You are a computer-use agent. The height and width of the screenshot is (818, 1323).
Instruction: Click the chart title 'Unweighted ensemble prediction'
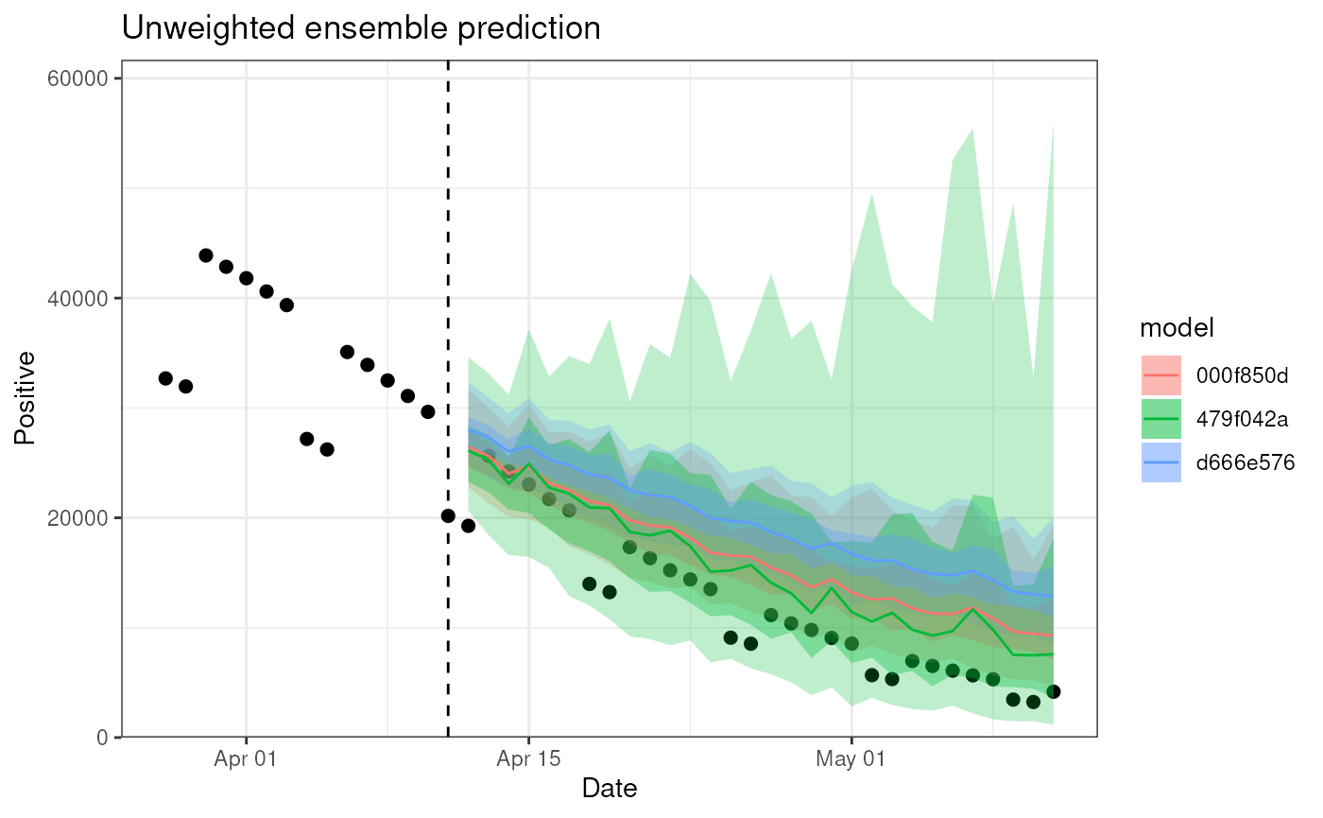tap(361, 28)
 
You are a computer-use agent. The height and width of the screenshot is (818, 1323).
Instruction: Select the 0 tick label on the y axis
tap(102, 738)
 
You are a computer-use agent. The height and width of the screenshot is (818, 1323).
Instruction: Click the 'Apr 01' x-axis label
tap(246, 758)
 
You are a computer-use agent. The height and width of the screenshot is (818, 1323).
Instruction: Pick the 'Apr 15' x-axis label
tap(528, 758)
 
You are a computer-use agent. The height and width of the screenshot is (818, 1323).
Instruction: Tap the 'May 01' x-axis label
tap(851, 758)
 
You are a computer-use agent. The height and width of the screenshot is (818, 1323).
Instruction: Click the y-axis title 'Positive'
tap(26, 397)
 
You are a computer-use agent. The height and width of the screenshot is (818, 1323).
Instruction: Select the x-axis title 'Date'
tap(610, 788)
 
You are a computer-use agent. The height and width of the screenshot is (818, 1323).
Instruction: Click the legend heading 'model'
tap(1177, 327)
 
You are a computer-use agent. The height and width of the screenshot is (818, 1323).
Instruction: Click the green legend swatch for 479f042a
tap(1161, 419)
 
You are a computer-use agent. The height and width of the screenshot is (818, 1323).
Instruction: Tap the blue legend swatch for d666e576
tap(1161, 462)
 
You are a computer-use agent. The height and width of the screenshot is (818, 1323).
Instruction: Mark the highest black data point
tap(206, 255)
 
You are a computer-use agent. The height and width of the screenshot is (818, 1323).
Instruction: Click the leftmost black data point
tap(165, 378)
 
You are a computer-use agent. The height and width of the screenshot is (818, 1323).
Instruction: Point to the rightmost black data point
tap(1054, 692)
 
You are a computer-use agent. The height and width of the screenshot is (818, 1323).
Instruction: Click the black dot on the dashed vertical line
tap(448, 515)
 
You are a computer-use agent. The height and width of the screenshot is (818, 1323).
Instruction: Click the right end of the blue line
tap(1053, 596)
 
